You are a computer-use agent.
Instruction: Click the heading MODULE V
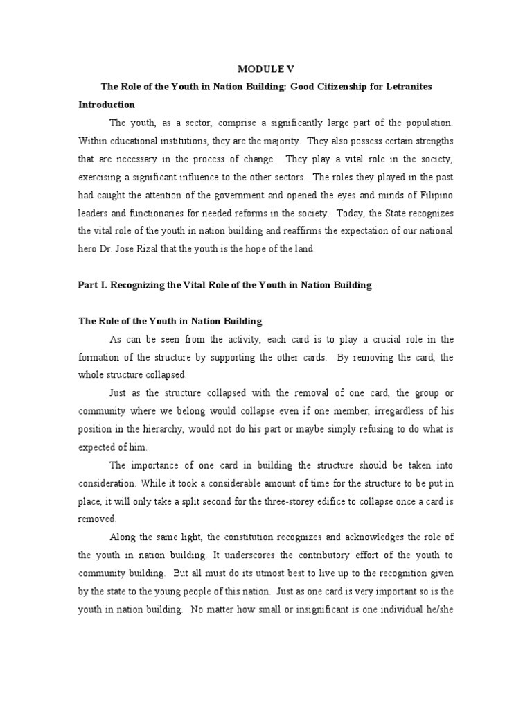click(265, 69)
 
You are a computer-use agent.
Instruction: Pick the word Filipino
click(436, 195)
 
